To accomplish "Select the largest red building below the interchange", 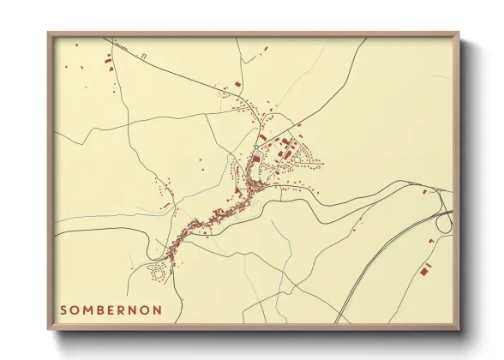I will coord(424,271).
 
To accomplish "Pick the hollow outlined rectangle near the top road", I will coord(143,56).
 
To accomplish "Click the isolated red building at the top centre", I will coord(237,83).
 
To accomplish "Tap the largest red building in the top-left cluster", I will coord(107,61).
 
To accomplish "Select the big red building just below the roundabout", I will coord(255,158).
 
